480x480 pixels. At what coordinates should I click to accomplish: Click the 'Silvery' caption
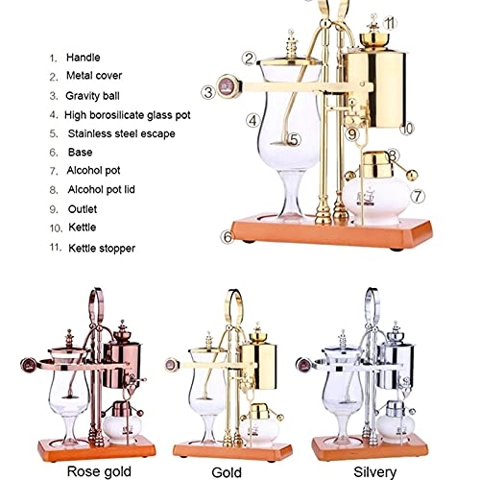tap(372, 470)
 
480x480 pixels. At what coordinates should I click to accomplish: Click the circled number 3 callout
tap(208, 92)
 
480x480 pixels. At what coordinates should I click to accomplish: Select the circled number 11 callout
tap(389, 20)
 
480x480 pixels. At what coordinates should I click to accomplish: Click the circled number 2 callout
tap(249, 58)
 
